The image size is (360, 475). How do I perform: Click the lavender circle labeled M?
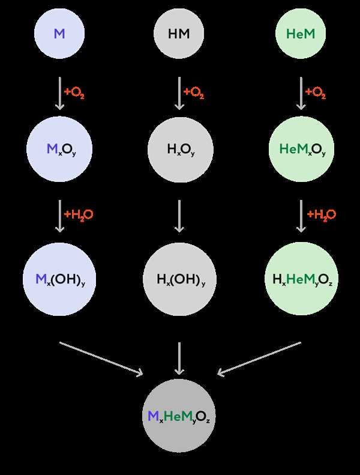(59, 33)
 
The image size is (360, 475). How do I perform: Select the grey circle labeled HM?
(179, 33)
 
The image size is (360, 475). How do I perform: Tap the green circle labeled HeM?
(301, 33)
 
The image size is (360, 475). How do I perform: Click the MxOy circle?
(59, 149)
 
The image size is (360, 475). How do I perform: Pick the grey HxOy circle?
(181, 150)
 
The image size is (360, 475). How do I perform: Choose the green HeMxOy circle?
(302, 149)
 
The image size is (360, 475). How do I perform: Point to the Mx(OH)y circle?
(59, 279)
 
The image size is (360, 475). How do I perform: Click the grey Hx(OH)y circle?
(179, 279)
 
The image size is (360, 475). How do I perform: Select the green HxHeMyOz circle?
(302, 279)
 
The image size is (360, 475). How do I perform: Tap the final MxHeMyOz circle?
(179, 416)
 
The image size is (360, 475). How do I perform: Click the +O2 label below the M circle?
(74, 92)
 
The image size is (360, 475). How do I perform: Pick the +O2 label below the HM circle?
(194, 92)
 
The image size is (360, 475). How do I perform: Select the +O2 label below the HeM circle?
(316, 92)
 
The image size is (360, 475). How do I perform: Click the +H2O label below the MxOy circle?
(79, 215)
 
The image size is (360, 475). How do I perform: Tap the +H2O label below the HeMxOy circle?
(322, 215)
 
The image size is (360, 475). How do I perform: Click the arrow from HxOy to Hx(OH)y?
(179, 216)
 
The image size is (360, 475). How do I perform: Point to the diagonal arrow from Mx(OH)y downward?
(101, 359)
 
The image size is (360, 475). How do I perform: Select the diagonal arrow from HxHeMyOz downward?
(259, 359)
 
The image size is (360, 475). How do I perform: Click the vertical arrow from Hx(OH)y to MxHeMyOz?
(179, 359)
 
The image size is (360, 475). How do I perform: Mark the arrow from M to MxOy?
(59, 93)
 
